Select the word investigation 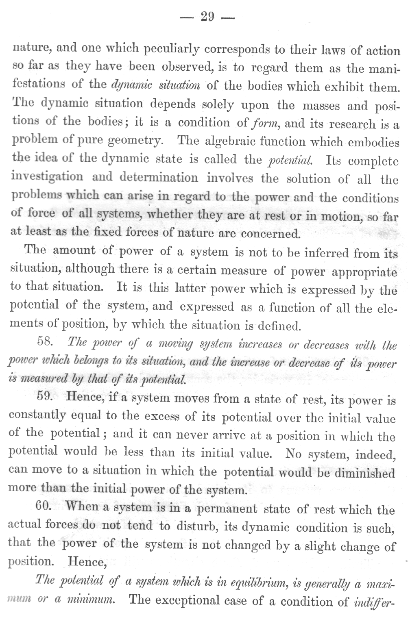click(48, 177)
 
